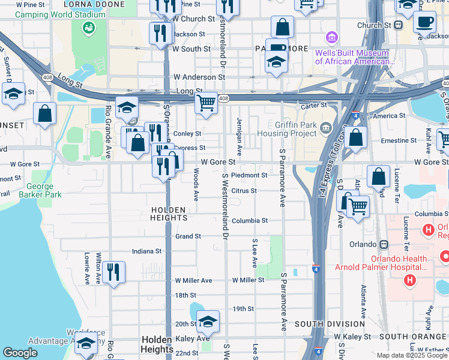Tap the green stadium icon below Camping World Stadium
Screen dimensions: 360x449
tap(89, 27)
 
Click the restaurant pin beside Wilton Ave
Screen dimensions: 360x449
tap(113, 272)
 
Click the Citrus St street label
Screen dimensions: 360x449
tap(244, 191)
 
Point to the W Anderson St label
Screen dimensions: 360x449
tap(199, 77)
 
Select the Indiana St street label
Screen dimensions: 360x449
tap(147, 251)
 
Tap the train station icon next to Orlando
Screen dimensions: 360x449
tap(384, 245)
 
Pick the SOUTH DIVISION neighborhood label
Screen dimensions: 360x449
tap(330, 324)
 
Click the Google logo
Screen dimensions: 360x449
tap(20, 353)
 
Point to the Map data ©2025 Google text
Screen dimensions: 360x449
tap(412, 355)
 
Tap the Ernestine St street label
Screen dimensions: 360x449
tap(399, 141)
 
